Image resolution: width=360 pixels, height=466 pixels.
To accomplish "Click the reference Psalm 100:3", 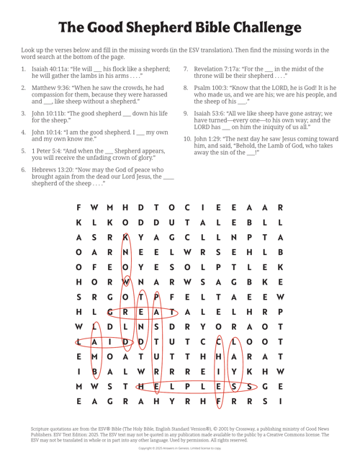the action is (210, 86).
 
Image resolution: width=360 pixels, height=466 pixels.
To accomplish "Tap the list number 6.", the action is (24, 168).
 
